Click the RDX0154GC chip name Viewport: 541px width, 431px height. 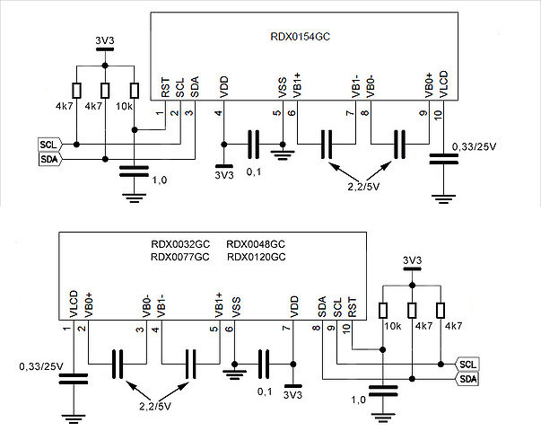tap(300, 36)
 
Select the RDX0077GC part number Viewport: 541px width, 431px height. tap(180, 257)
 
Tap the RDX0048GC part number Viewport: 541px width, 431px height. tap(256, 244)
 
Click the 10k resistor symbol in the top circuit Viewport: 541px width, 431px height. tap(135, 91)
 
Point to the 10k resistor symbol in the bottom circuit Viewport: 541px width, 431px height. tap(382, 310)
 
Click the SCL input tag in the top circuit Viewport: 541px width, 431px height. tap(50, 145)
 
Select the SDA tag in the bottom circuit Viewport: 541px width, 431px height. tap(467, 379)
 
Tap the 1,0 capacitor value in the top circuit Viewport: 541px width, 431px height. tap(159, 180)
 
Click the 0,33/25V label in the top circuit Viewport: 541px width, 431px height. tap(474, 146)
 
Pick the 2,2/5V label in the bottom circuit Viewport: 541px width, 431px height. tap(155, 406)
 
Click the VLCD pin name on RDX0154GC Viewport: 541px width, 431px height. tap(443, 84)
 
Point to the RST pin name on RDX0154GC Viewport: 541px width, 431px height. tap(165, 88)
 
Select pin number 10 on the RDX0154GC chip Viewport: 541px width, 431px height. tap(438, 115)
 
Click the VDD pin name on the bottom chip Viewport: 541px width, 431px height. tap(294, 306)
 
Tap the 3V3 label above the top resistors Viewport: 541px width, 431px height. tap(105, 40)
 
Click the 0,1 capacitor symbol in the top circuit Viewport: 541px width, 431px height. tap(253, 145)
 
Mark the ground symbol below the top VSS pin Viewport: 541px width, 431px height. tap(283, 154)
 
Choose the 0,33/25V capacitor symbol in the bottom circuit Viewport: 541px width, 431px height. tap(74, 379)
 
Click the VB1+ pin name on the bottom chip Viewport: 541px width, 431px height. tap(219, 305)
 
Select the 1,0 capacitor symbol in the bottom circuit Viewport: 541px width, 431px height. tap(383, 391)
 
